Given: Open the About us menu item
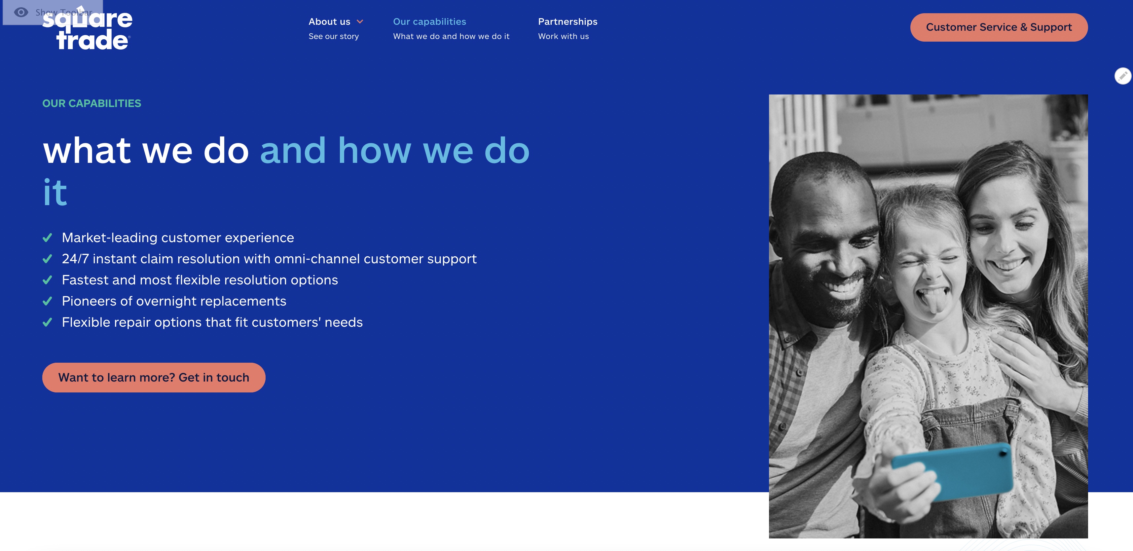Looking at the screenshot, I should pos(329,21).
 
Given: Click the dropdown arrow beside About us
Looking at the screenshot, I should pos(360,21).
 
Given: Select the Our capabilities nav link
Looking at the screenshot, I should pos(429,21).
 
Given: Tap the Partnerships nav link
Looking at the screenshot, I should pos(567,21).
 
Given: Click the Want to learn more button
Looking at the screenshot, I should pos(154,377).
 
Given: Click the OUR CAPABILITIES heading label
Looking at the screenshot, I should pos(91,103).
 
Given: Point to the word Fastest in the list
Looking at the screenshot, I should pos(85,280).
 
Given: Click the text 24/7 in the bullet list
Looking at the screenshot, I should pos(75,259).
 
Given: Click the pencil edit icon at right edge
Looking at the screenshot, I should pos(1123,76).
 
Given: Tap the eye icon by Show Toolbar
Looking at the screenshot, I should pos(21,12).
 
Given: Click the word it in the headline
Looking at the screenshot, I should pos(55,193).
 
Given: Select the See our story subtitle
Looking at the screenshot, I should pos(333,36).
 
